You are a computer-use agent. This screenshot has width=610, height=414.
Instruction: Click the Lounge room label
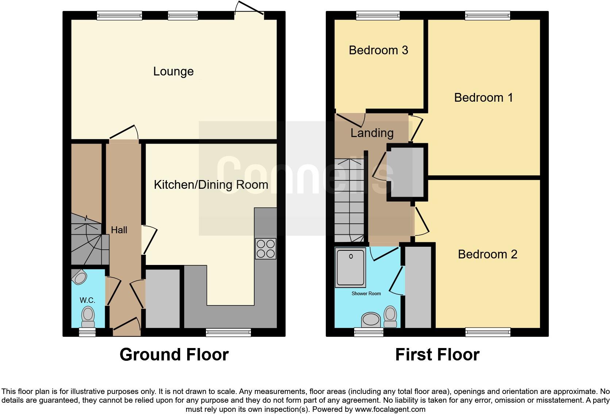point(173,71)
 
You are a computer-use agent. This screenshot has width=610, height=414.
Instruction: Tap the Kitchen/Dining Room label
point(211,185)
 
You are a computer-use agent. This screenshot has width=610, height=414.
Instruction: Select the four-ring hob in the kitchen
point(266,249)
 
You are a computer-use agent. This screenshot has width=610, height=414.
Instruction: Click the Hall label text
point(119,230)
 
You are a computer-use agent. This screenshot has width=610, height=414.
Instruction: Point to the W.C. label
point(88,300)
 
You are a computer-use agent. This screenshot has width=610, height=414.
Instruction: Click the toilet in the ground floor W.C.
point(88,317)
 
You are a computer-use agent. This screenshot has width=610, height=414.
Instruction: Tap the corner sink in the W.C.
point(79,277)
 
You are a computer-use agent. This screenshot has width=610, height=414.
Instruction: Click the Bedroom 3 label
point(378,50)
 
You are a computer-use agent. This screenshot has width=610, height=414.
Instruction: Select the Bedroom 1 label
point(483,98)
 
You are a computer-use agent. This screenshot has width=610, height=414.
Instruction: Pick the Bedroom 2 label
point(487,254)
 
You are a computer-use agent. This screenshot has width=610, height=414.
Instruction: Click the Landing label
point(372,133)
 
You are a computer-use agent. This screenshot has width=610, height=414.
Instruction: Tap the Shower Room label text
point(366,293)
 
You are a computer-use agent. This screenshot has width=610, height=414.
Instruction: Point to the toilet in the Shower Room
point(390,316)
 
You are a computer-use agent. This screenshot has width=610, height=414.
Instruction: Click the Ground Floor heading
point(174,355)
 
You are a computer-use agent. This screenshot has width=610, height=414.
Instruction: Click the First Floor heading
point(437,355)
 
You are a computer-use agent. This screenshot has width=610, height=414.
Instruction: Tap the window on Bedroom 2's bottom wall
point(487,332)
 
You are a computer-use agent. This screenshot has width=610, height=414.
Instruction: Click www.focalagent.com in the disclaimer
point(390,409)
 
